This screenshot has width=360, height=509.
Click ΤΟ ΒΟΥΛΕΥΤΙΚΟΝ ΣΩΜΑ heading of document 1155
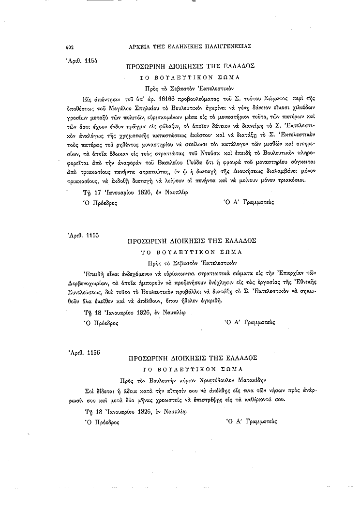pos(191,252)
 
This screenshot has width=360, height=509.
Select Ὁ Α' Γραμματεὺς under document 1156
pos(251,421)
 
